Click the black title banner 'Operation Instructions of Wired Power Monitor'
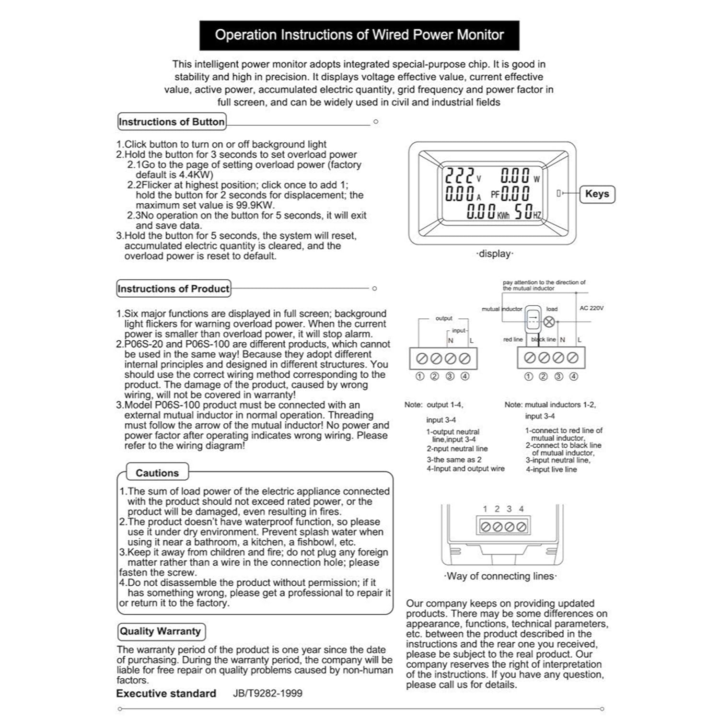(x=359, y=35)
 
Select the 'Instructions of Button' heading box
(x=172, y=122)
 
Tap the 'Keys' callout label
(x=597, y=194)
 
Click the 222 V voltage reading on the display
(x=461, y=176)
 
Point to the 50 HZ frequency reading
(x=527, y=212)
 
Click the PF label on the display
(x=495, y=195)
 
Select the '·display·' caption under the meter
(x=495, y=254)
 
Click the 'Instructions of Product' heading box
(x=174, y=289)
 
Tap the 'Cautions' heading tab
(x=157, y=473)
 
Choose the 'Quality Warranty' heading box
(x=161, y=631)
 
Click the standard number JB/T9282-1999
(x=267, y=693)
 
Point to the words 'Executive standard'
(x=166, y=694)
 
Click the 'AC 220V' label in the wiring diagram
(x=591, y=308)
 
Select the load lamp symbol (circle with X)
(x=549, y=322)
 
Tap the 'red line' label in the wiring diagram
(x=513, y=339)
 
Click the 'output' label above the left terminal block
(x=444, y=318)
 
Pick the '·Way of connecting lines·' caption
(x=500, y=576)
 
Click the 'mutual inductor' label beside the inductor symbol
(x=502, y=309)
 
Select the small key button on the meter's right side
(x=558, y=193)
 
